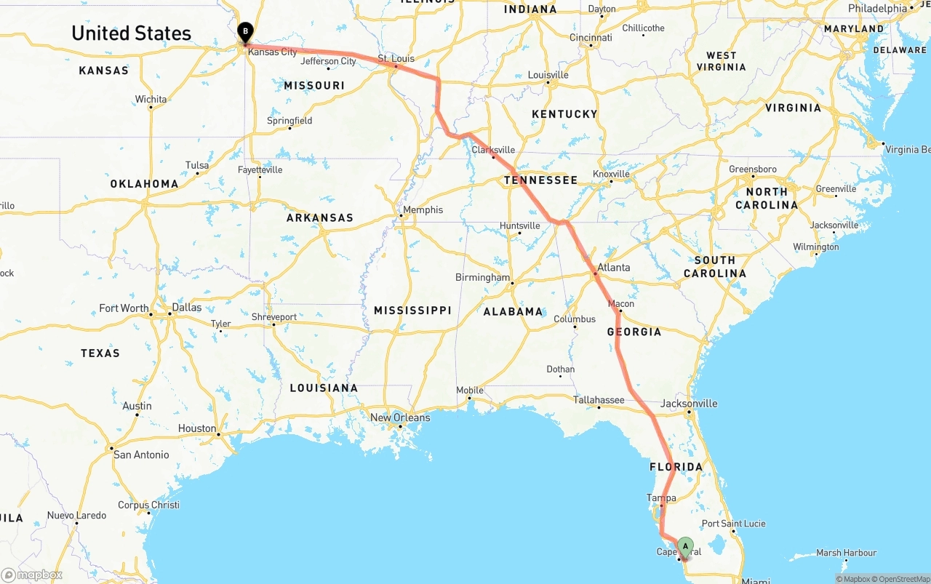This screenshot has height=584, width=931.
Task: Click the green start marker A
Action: pyautogui.click(x=685, y=547)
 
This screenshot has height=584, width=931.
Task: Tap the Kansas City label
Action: pyautogui.click(x=273, y=52)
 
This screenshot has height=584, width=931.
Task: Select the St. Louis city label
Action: pyautogui.click(x=396, y=58)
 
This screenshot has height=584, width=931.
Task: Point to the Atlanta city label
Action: pyautogui.click(x=614, y=267)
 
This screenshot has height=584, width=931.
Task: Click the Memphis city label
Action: pyautogui.click(x=423, y=209)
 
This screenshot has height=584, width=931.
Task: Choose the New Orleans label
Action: pyautogui.click(x=400, y=417)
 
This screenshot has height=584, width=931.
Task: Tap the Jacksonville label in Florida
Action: pyautogui.click(x=689, y=404)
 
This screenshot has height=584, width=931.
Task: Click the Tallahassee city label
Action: pyautogui.click(x=599, y=399)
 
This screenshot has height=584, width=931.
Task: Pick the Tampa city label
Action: pyautogui.click(x=661, y=498)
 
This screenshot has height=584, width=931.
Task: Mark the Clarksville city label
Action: pyautogui.click(x=493, y=150)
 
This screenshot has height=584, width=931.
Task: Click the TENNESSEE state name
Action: pyautogui.click(x=541, y=180)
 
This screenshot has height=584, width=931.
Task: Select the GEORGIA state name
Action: pyautogui.click(x=634, y=332)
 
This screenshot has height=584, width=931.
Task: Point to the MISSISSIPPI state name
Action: pyautogui.click(x=412, y=310)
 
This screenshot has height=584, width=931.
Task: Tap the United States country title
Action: pyautogui.click(x=132, y=33)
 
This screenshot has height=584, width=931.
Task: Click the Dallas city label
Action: pyautogui.click(x=187, y=307)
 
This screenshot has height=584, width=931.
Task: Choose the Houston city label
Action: pyautogui.click(x=197, y=428)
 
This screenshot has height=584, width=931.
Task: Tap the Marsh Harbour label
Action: pyautogui.click(x=846, y=553)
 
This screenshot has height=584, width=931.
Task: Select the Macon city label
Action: pyautogui.click(x=621, y=303)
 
